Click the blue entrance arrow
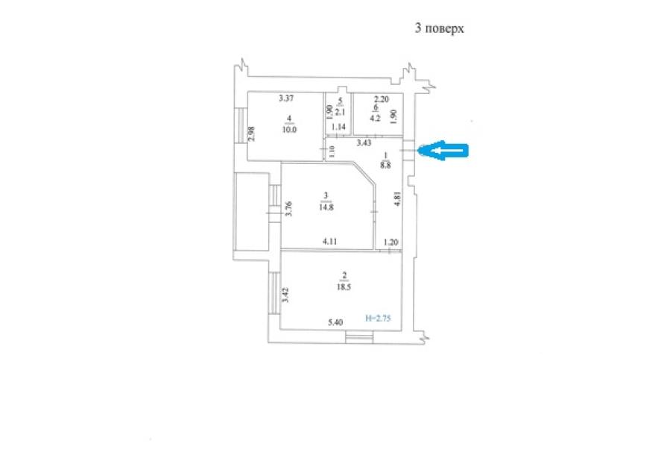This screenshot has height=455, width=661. click(443, 150)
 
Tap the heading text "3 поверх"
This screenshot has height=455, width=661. click(439, 28)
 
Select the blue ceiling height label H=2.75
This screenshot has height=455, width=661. click(378, 318)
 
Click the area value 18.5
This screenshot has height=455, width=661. click(344, 286)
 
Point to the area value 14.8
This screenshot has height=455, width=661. click(326, 207)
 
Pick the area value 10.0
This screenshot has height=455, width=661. click(289, 130)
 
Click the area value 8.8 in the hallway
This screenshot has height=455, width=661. click(385, 165)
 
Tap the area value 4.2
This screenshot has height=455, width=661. click(375, 118)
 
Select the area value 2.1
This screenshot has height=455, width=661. click(341, 113)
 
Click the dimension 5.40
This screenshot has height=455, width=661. click(335, 322)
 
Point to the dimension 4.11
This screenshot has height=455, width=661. click(329, 242)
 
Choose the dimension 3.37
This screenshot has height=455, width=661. click(286, 98)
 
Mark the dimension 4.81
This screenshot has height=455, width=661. click(396, 199)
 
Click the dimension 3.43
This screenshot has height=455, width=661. click(364, 142)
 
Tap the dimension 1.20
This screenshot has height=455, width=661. click(390, 242)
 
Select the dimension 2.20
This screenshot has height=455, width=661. click(382, 99)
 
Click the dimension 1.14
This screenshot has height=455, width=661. click(338, 127)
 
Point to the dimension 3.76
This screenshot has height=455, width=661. click(288, 209)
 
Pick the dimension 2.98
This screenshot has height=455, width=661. click(251, 134)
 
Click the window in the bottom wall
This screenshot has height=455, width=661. click(359, 337)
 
